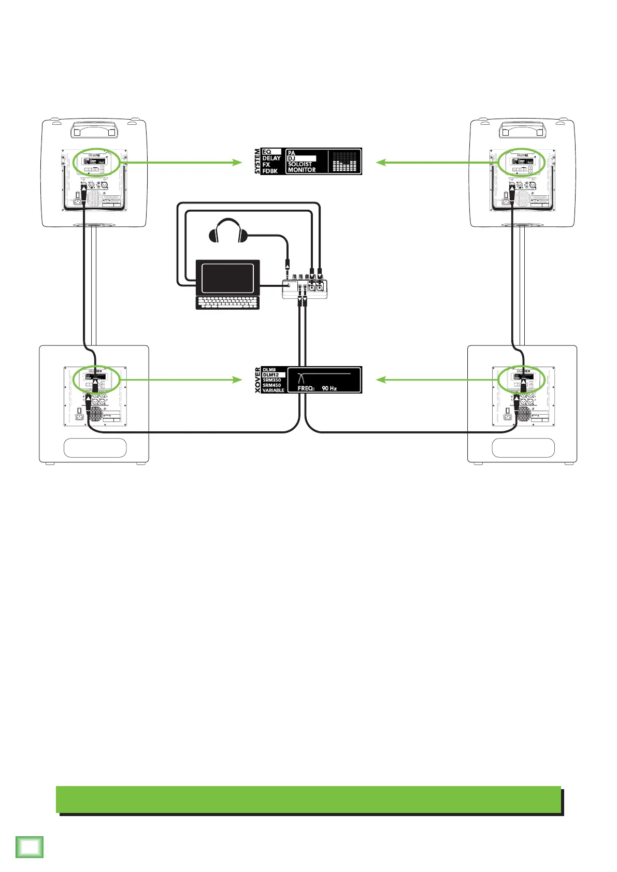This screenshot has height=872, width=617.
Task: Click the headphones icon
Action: (228, 230)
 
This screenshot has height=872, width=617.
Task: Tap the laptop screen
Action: (227, 278)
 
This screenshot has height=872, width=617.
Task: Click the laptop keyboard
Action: (227, 303)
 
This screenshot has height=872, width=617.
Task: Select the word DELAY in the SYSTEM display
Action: (271, 158)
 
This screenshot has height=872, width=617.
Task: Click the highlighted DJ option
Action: (301, 158)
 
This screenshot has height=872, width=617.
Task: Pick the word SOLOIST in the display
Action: (300, 164)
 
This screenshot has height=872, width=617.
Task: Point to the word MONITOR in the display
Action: (302, 170)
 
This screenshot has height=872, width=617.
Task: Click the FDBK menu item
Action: (270, 170)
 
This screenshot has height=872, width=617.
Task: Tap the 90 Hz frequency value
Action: (329, 388)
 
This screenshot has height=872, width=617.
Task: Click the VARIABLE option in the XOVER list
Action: (273, 390)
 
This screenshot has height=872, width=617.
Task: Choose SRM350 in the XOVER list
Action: (271, 380)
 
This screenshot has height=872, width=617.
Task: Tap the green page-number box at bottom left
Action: (30, 847)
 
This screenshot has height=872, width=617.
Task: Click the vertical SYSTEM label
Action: (257, 161)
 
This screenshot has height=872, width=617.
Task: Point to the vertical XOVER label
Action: (257, 380)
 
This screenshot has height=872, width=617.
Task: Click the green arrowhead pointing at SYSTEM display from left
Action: (237, 163)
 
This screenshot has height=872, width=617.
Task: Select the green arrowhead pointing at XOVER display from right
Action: (381, 380)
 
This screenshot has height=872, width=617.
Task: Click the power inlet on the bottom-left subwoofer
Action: (80, 416)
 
